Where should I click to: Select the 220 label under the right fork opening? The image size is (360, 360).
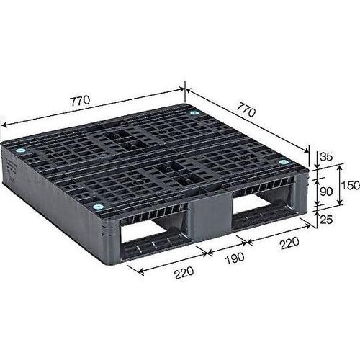click(288, 243)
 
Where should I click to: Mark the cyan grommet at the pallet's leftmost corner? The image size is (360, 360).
click(21, 150)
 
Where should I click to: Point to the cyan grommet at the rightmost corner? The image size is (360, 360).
click(283, 162)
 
